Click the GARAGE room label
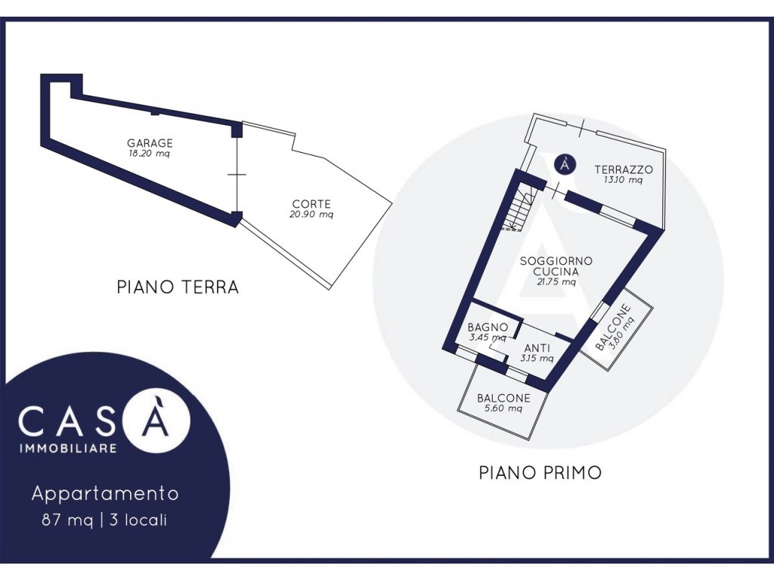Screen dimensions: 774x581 click(150, 143)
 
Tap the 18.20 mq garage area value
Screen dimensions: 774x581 click(149, 154)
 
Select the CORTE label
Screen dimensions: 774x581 click(311, 204)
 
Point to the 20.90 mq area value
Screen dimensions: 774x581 click(311, 214)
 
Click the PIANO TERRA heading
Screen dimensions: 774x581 click(178, 287)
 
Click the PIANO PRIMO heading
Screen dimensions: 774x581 click(540, 473)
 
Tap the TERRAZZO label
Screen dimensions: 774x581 click(624, 169)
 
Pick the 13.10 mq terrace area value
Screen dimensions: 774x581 click(623, 180)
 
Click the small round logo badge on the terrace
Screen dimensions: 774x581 click(565, 164)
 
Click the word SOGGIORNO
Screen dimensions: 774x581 click(556, 261)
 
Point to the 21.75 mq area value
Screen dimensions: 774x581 click(556, 282)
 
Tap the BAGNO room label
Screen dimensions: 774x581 click(488, 327)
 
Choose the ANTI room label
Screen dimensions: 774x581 click(537, 348)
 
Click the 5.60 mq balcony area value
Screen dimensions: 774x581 click(503, 409)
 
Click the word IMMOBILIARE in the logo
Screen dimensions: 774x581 click(68, 449)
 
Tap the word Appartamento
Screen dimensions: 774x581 click(105, 493)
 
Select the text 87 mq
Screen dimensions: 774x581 click(67, 520)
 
